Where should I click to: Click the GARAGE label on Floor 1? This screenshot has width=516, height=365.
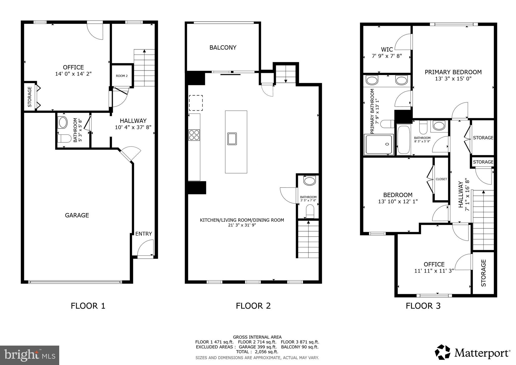tap(77, 215)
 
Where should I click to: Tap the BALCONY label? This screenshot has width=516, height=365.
tap(223, 48)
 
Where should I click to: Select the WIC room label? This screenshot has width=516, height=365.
tap(387, 49)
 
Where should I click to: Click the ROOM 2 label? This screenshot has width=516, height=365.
tap(122, 76)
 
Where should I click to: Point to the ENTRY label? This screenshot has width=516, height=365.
tap(144, 234)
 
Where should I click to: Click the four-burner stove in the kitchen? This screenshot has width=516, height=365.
tap(194, 135)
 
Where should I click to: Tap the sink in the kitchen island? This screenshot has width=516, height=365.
tap(232, 139)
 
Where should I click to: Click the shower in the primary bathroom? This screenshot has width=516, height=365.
tap(379, 144)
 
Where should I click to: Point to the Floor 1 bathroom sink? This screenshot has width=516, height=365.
tap(63, 123)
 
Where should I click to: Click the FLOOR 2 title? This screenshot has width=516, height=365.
tap(253, 306)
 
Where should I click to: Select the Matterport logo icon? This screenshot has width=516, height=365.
tap(443, 352)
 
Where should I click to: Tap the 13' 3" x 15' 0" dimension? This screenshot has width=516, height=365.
tap(453, 79)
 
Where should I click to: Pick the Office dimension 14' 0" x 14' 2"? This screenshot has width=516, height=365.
tap(73, 74)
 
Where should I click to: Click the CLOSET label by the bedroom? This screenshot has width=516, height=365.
tap(441, 179)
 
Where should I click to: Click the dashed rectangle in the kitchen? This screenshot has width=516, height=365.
tap(196, 103)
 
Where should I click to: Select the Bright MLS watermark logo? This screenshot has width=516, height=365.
tap(29, 355)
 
